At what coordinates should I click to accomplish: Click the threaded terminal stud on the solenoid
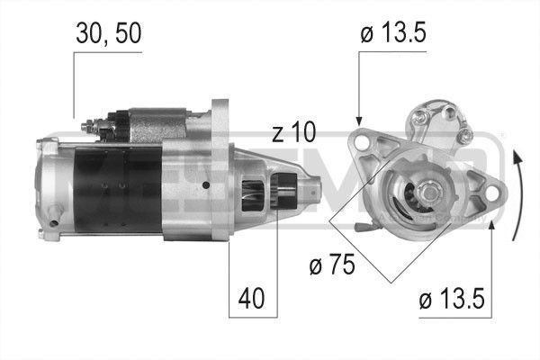point(87,126)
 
